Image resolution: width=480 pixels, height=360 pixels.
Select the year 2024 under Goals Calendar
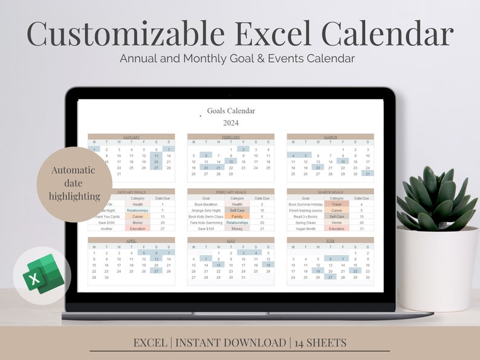(231, 123)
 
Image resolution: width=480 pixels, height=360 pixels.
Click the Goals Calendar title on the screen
(231, 111)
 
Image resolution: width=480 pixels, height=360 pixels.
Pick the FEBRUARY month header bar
(231, 137)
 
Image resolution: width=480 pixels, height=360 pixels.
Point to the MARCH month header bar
(330, 137)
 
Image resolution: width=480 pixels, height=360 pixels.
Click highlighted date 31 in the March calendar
(368, 174)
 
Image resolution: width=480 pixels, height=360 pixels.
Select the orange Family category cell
(237, 217)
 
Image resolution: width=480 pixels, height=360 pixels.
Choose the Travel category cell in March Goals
(337, 205)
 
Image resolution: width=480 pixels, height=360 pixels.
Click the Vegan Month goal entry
(305, 229)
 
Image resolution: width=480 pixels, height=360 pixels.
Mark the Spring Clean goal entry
(305, 223)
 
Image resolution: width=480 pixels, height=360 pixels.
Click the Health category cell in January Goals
(138, 205)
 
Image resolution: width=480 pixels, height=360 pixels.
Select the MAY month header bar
(231, 240)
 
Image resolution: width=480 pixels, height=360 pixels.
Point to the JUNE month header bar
(330, 240)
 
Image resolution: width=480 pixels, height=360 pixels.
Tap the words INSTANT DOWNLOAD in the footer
(230, 342)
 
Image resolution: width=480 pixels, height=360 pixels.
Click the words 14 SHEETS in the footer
(321, 342)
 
